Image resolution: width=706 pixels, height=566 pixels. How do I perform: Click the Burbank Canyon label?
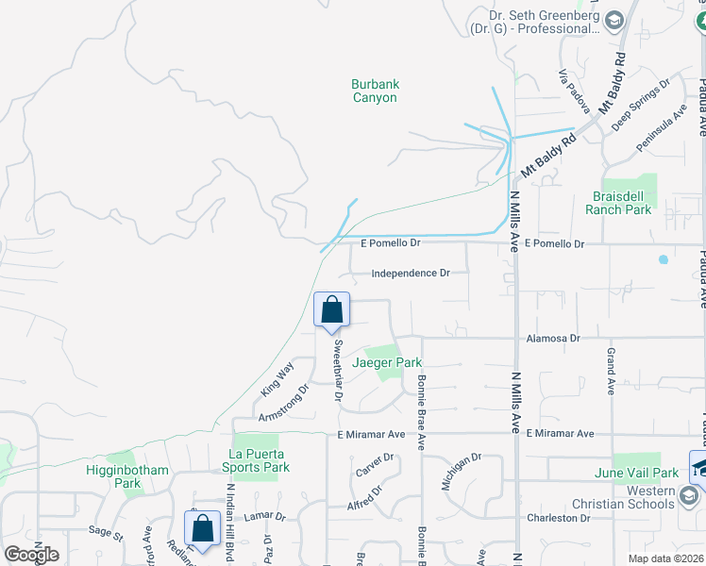coord(376,91)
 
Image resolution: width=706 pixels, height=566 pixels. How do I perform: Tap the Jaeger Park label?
coord(387,362)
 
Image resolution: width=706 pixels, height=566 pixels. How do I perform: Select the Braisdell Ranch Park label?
coord(618,203)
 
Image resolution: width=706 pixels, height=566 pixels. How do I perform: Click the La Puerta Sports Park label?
coord(256,460)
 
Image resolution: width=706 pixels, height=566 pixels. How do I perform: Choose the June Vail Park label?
coord(637,473)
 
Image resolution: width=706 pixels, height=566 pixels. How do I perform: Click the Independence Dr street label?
coord(411,274)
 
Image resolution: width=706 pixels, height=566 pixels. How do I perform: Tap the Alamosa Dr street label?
coord(552,337)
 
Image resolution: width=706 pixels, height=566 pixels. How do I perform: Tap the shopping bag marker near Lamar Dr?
coord(202,530)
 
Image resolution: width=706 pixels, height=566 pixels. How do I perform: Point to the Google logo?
coord(31,555)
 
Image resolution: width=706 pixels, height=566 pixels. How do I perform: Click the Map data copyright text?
coord(665,558)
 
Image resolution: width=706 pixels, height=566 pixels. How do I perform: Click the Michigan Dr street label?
coord(462,471)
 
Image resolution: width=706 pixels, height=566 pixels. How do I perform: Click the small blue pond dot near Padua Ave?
coord(664,258)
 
